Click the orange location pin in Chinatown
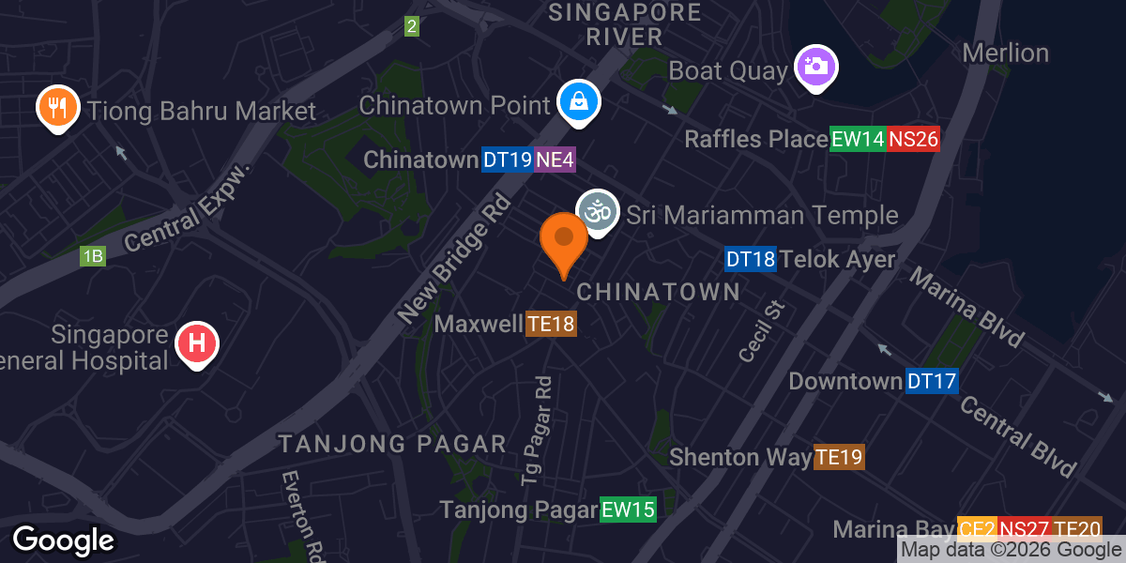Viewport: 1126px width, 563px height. [x=564, y=241]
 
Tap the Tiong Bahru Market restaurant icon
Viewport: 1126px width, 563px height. [x=57, y=108]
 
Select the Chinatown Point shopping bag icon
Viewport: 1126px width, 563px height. [x=579, y=102]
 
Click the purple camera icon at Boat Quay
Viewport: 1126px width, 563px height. [x=816, y=67]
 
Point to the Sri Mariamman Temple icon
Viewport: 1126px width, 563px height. [x=598, y=212]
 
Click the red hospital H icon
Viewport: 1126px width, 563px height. [x=197, y=343]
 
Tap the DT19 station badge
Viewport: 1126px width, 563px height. [x=508, y=160]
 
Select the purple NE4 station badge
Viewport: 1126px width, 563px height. [x=555, y=160]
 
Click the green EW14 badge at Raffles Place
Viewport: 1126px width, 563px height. [x=858, y=140]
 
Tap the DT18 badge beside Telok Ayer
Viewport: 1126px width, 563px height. [x=751, y=260]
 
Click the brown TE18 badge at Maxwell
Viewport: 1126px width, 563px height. [x=551, y=325]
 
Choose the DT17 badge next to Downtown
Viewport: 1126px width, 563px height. [x=931, y=382]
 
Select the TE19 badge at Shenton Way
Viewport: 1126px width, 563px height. [x=839, y=457]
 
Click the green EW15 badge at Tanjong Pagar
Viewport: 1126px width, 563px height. [x=628, y=510]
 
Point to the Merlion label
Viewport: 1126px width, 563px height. [x=1005, y=53]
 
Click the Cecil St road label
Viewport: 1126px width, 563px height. [x=760, y=331]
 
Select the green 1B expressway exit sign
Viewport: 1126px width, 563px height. [x=92, y=256]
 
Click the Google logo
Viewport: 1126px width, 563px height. [x=63, y=540]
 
